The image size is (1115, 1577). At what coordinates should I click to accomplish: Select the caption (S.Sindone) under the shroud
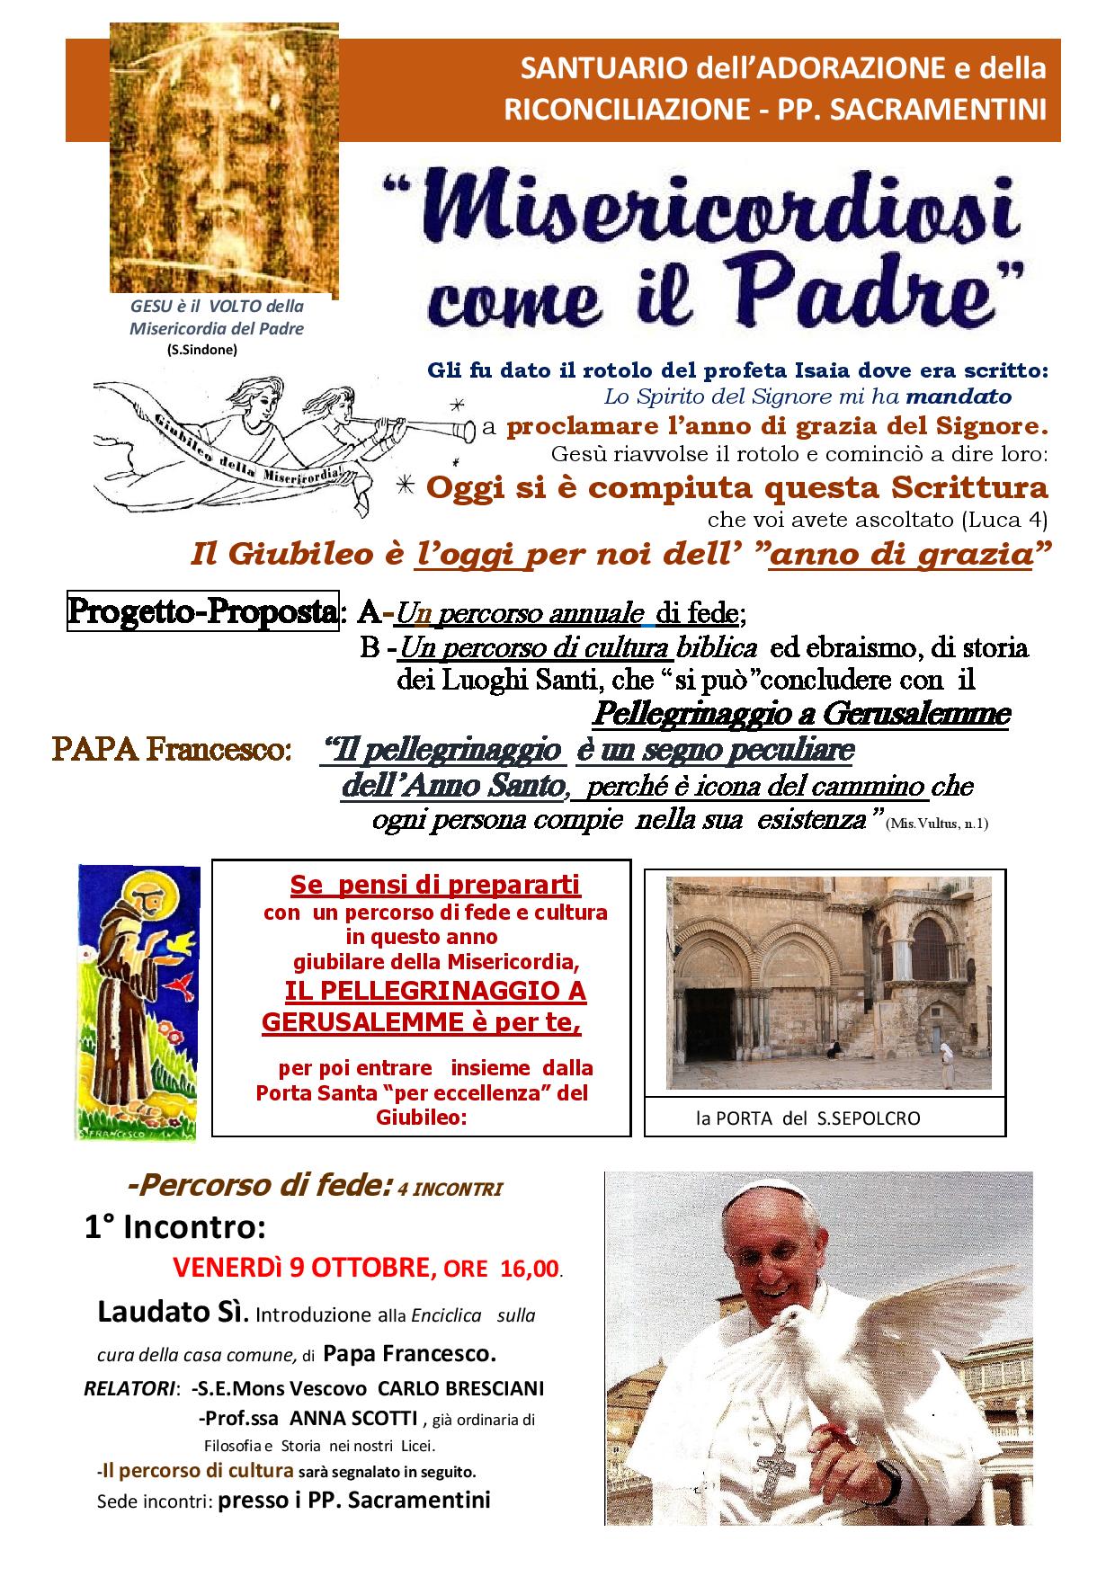tap(201, 350)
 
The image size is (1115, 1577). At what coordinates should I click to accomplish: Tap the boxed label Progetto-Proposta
tap(203, 612)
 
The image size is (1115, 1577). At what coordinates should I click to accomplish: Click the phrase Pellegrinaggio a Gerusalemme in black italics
tap(801, 714)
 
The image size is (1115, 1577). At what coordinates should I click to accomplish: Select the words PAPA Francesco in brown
tap(171, 750)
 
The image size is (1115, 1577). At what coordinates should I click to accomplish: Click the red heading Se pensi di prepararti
tap(435, 885)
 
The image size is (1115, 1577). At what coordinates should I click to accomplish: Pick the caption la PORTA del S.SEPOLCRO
tap(807, 1118)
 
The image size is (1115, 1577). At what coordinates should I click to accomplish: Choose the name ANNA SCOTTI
tap(365, 1418)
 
